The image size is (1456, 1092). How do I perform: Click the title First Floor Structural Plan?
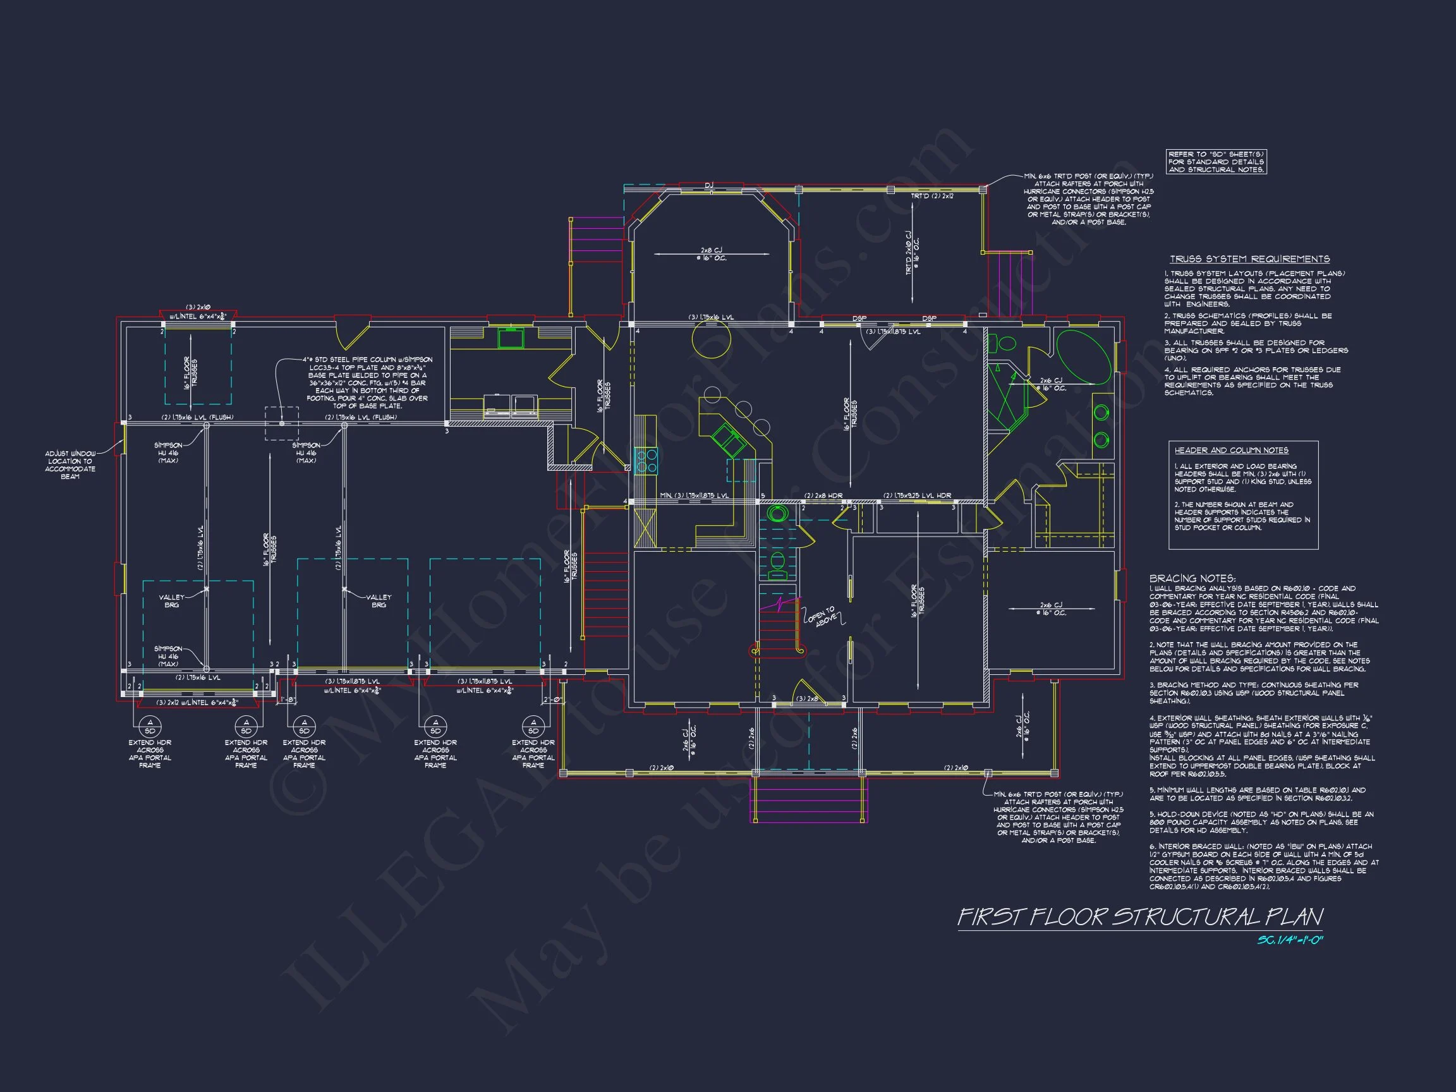point(1139,917)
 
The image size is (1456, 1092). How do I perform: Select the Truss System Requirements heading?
point(1249,259)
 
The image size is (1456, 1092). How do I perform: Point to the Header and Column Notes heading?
point(1232,451)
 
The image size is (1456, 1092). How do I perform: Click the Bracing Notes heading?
point(1192,579)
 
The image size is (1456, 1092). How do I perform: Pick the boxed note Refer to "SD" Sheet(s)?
point(1216,162)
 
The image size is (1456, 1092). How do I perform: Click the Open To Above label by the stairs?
point(821,616)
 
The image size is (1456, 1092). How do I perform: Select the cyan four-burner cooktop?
point(646,460)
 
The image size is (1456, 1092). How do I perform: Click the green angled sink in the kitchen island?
point(729,440)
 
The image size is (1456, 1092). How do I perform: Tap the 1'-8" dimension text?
point(287,699)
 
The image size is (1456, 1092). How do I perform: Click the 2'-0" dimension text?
point(551,699)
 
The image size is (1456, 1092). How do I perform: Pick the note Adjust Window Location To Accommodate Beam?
point(70,464)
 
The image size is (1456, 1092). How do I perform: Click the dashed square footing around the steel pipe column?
point(282,423)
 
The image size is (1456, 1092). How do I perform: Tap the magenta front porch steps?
point(808,800)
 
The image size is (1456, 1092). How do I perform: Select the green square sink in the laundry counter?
point(510,338)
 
